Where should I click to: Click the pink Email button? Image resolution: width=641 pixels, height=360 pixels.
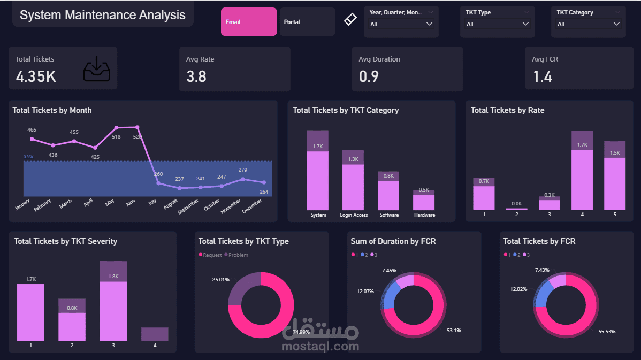tap(248, 22)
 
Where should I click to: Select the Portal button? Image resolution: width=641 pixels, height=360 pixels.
tap(307, 22)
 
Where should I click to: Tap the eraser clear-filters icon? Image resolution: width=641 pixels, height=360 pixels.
tap(349, 20)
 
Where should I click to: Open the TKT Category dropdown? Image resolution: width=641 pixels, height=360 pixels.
tap(588, 24)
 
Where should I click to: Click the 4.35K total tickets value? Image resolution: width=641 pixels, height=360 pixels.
tap(36, 76)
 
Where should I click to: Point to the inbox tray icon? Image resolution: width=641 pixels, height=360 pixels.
tap(97, 70)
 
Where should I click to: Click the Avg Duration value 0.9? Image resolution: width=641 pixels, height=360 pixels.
tap(369, 76)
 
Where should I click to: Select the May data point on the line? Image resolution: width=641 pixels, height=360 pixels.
tap(116, 128)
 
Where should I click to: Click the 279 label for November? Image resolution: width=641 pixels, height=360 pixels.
tap(242, 170)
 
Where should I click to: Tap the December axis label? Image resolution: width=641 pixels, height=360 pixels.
tap(252, 206)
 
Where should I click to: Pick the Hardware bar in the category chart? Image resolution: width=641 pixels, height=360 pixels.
tap(424, 201)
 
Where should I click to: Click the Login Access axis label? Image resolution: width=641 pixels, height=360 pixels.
tap(354, 215)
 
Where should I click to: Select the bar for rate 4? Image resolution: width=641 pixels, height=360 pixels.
tap(582, 171)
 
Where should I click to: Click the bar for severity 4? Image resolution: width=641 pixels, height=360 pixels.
tap(155, 334)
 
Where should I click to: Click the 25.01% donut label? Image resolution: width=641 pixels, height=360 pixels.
tap(220, 280)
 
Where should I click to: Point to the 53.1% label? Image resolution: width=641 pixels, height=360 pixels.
tap(454, 331)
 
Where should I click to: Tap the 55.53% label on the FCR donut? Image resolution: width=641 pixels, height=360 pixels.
tap(607, 332)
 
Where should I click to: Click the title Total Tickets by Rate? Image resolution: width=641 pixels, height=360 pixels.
tap(507, 110)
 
